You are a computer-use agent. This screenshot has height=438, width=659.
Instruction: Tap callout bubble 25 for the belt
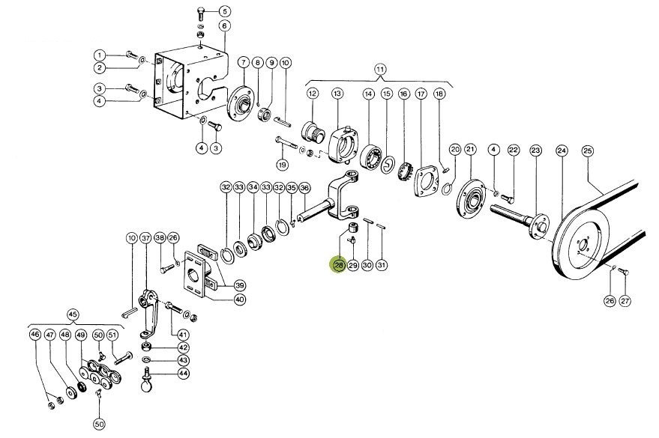(x=587, y=151)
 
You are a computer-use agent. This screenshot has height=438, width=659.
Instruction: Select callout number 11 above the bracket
(x=380, y=70)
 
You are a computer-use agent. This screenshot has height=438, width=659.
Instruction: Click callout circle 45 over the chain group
(x=73, y=314)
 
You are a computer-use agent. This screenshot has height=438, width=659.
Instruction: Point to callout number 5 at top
(x=225, y=11)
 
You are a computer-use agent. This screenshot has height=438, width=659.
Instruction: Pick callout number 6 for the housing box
(x=224, y=26)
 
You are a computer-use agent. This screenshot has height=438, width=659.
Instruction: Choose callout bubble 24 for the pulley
(x=562, y=151)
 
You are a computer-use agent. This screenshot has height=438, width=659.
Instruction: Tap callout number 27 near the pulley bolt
(x=625, y=301)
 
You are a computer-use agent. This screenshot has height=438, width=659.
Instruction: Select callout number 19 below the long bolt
(x=282, y=165)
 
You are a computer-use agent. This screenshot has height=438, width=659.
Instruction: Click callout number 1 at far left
(x=100, y=55)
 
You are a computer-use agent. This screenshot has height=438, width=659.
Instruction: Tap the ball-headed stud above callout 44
(x=146, y=383)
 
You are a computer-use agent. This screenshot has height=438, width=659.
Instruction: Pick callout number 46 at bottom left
(x=34, y=335)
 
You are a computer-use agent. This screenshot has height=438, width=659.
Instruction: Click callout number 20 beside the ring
(x=454, y=150)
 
